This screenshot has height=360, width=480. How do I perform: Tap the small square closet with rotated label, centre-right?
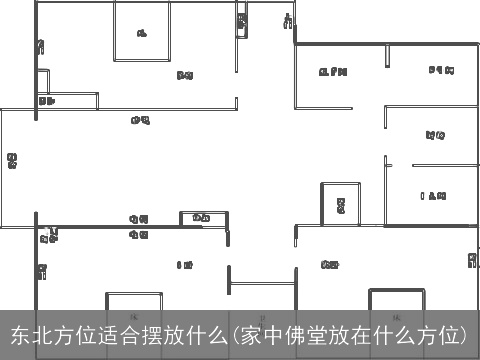[340, 205]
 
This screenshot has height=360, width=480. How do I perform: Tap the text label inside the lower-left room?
[185, 265]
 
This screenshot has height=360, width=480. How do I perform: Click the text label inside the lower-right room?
[329, 265]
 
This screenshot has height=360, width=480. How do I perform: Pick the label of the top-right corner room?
[441, 70]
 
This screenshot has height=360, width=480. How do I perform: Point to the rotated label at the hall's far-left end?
[11, 159]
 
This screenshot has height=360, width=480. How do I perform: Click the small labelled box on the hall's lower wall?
[200, 218]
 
